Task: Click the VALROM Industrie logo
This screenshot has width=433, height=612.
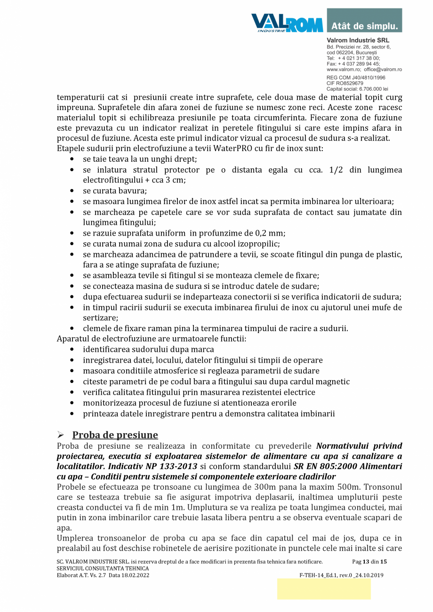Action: click(x=287, y=23)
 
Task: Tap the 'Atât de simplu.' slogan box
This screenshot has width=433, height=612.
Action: click(x=364, y=21)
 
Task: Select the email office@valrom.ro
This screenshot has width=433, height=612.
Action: click(x=383, y=69)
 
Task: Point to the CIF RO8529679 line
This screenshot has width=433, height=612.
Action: click(x=345, y=83)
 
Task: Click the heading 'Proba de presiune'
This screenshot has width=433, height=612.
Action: click(x=115, y=435)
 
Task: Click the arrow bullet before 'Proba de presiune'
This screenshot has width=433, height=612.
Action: click(x=60, y=435)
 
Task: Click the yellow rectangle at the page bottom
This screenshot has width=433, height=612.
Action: click(x=324, y=589)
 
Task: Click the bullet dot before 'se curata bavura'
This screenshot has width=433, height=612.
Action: click(x=71, y=191)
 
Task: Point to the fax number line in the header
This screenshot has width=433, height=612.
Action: click(x=353, y=64)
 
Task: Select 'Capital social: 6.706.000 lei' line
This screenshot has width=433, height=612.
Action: click(x=357, y=88)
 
